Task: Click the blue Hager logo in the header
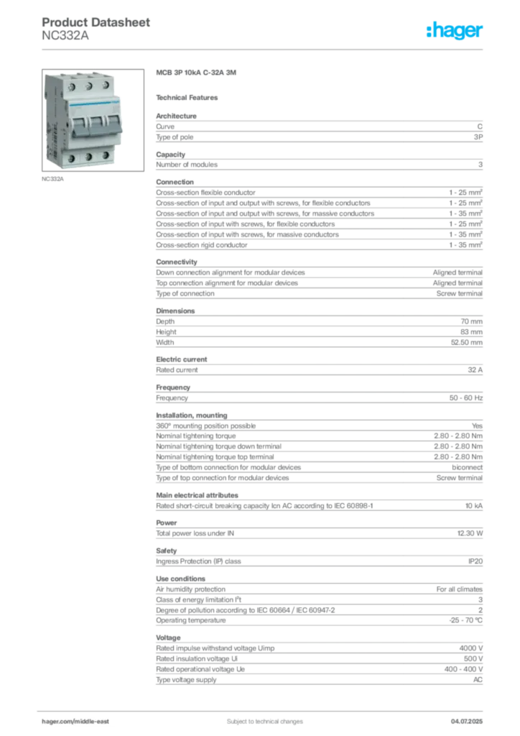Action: click(x=456, y=31)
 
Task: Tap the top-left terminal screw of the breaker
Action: click(x=74, y=86)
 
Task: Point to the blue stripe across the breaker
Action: click(x=90, y=106)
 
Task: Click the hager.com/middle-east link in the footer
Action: click(x=80, y=722)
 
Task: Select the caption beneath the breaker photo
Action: click(x=54, y=180)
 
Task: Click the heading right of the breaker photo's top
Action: click(x=198, y=74)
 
